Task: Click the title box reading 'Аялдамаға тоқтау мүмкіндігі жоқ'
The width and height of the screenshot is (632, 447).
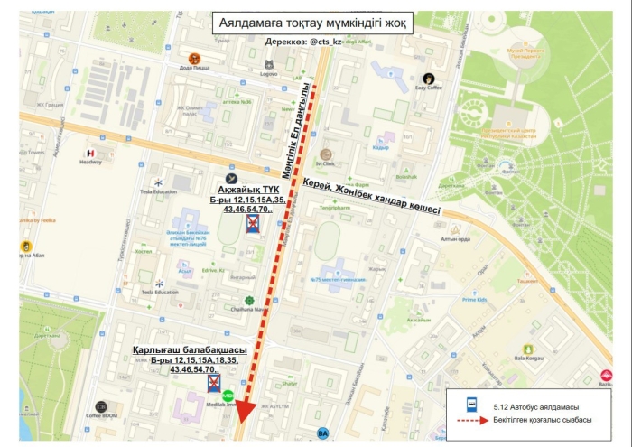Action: click(317, 23)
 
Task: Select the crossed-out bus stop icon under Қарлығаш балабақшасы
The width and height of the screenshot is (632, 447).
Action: click(215, 385)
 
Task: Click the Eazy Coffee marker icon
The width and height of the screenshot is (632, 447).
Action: click(430, 78)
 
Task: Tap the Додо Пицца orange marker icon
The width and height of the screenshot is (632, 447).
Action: click(194, 60)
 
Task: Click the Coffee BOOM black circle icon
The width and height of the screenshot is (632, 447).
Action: click(101, 406)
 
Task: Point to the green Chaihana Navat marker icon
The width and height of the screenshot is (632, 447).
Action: click(248, 300)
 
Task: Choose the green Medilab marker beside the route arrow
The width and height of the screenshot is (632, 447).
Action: click(228, 395)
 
